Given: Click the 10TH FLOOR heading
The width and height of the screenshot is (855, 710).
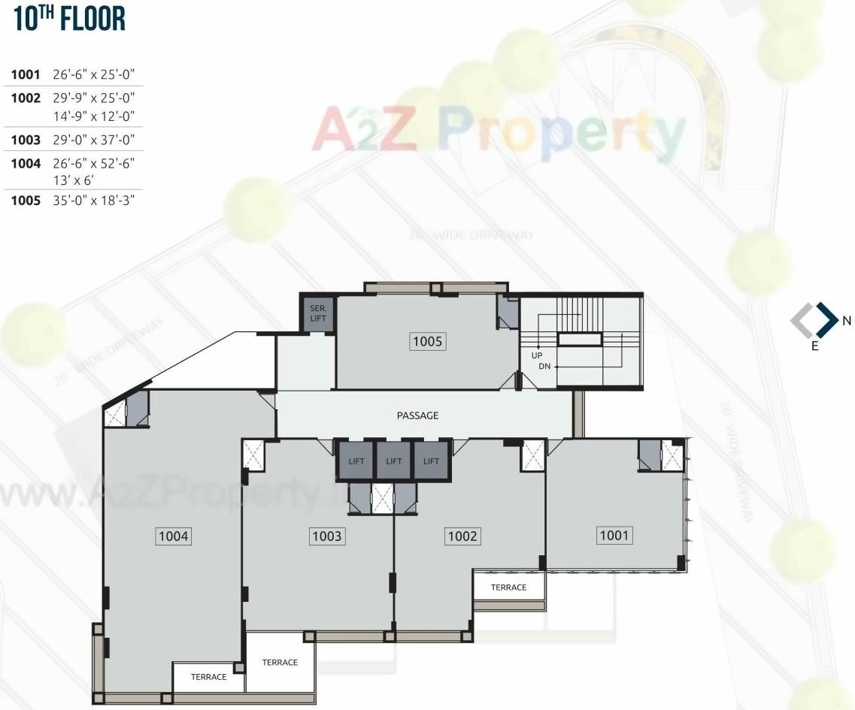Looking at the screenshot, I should tap(69, 20).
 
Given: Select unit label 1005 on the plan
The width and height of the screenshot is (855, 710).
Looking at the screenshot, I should tap(428, 342).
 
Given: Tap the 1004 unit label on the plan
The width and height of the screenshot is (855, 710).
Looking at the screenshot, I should tap(174, 536).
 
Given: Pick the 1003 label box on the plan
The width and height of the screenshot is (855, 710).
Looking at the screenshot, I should tap(327, 536).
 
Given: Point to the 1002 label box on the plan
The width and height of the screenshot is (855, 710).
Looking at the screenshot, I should tap(462, 536).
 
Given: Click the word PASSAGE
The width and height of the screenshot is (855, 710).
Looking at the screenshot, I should tap(417, 415).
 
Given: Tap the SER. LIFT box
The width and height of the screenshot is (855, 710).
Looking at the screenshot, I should tap(317, 314).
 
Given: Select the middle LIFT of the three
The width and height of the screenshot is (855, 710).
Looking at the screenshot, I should tap(393, 461).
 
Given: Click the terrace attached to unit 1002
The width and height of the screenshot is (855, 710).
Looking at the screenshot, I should tap(508, 587).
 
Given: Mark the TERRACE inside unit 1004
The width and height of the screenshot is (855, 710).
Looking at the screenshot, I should tap(208, 677).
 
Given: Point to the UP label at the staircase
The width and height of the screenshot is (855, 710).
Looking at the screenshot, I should tap(537, 355).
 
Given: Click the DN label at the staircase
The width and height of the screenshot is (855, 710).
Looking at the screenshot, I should tap(545, 367).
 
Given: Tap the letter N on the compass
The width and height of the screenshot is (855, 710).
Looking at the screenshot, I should tap(847, 321).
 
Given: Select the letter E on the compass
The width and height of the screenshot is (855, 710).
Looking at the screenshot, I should tap(814, 347).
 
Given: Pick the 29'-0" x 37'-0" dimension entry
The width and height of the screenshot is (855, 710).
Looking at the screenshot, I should tap(93, 140).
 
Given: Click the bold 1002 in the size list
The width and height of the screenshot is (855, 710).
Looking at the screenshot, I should tap(26, 98).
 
